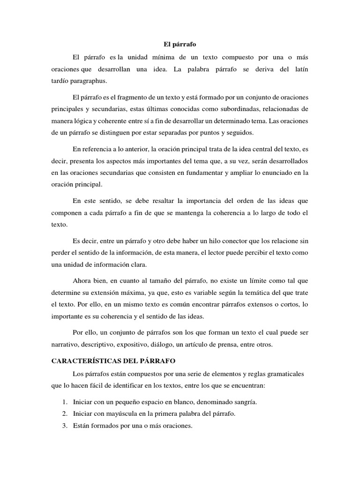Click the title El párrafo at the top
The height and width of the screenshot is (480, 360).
point(180,44)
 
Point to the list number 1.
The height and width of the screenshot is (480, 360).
point(64,402)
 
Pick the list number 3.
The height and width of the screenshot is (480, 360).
point(64,427)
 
